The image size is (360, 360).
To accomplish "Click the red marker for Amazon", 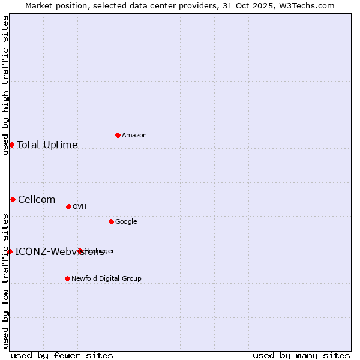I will (x=118, y=135).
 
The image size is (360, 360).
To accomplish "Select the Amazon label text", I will (x=134, y=136).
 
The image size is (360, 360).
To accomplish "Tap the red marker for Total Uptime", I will (x=11, y=145).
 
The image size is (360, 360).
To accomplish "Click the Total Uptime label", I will (x=47, y=145).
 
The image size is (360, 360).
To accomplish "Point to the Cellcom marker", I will (x=13, y=199).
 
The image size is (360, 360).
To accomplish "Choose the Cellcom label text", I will (x=37, y=200).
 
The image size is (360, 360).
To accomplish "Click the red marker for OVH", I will (x=68, y=206).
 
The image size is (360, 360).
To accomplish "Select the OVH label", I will (x=80, y=207).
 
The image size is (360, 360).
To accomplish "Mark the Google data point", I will (x=111, y=221).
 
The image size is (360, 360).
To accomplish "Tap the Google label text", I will (x=126, y=222).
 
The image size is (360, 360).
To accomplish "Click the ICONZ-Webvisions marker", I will (x=10, y=251).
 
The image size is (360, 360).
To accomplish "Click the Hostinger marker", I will (x=80, y=251).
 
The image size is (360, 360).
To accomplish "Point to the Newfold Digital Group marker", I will (x=67, y=278).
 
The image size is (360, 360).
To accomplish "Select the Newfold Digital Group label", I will (x=106, y=279).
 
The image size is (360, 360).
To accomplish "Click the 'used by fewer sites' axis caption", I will (x=62, y=355).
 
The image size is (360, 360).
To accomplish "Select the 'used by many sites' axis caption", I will (x=301, y=355).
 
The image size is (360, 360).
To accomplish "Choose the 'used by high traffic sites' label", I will (x=5, y=85).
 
